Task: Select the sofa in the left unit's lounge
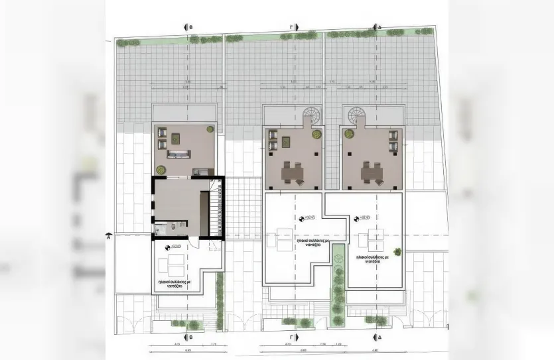click(178, 156)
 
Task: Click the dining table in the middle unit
click(292, 172)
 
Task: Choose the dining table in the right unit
click(371, 172)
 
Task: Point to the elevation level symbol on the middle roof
click(302, 218)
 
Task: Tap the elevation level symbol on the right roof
click(357, 218)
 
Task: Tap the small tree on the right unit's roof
click(397, 251)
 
